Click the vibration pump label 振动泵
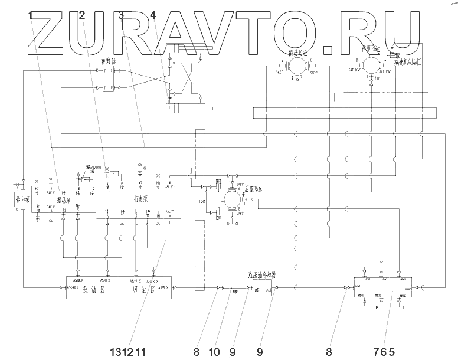64,200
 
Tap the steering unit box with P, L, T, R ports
108,79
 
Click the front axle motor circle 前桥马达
371,64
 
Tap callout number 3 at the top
121,15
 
